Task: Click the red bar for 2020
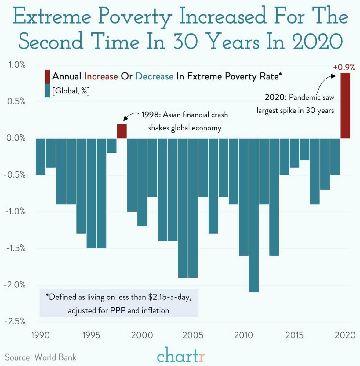(345, 106)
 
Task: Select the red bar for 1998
(122, 131)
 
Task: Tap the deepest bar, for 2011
(254, 215)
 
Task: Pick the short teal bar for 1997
(111, 145)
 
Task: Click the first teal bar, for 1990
(41, 156)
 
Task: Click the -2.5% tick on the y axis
(15, 321)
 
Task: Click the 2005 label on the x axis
(193, 335)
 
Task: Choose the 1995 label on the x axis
(91, 335)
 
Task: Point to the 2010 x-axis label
(243, 335)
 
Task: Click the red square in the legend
(47, 76)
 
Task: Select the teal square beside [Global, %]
(47, 91)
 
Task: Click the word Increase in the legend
(101, 76)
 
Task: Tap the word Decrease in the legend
(154, 76)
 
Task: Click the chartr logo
(181, 355)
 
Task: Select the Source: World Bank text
(41, 357)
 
